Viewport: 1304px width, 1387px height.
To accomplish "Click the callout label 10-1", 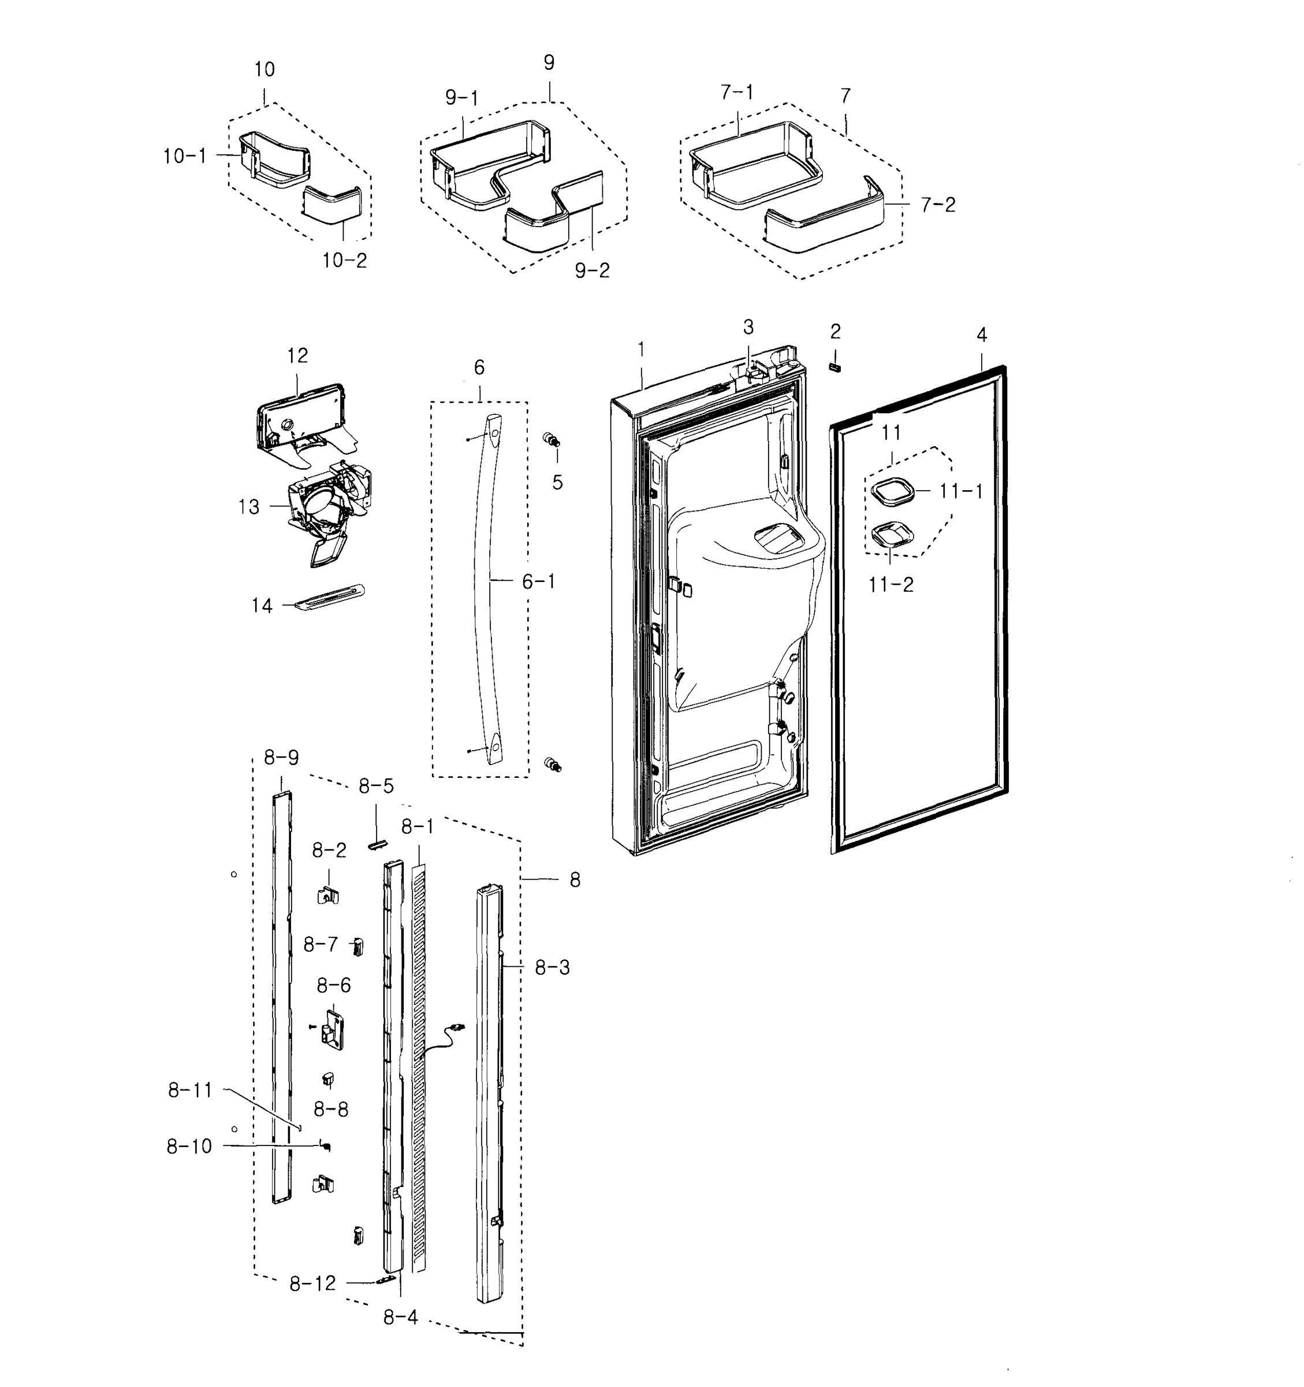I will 185,156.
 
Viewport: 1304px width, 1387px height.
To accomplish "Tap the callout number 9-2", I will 592,270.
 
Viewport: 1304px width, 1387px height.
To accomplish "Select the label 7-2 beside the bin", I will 938,205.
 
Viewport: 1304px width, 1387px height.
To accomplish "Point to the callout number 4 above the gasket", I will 981,336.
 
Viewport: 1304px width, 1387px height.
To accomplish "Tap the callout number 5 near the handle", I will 557,483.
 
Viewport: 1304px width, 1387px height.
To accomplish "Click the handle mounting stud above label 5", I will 552,440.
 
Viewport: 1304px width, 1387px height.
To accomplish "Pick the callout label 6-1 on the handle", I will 538,581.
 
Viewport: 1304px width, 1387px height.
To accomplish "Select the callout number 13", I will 249,507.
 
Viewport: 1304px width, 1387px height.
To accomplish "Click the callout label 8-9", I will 281,758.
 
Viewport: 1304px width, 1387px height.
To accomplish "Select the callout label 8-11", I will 189,1091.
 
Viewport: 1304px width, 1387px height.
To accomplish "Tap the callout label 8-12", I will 312,1284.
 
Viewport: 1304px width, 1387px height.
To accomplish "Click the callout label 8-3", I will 552,967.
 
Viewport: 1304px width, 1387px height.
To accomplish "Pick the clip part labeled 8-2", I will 329,895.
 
